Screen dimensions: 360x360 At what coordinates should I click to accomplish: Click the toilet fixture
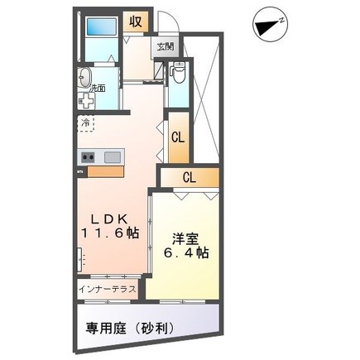pyautogui.click(x=176, y=77)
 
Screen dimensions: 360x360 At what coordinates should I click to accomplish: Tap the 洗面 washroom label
pyautogui.click(x=98, y=88)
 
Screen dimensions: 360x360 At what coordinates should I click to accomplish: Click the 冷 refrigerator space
pyautogui.click(x=86, y=124)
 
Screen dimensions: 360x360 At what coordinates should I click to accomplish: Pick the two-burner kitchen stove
pyautogui.click(x=89, y=157)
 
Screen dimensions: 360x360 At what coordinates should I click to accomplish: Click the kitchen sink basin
pyautogui.click(x=113, y=157)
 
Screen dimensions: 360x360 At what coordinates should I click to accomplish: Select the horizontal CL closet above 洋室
pyautogui.click(x=189, y=176)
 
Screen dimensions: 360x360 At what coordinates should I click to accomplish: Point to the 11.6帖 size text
pyautogui.click(x=108, y=235)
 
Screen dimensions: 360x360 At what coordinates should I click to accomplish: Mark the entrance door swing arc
pyautogui.click(x=167, y=22)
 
